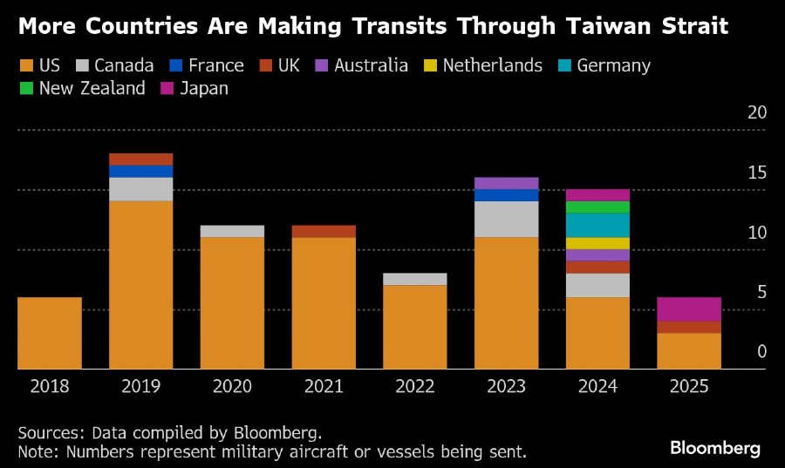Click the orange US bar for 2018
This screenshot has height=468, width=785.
pyautogui.click(x=50, y=333)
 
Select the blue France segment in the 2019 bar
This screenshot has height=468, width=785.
pyautogui.click(x=140, y=171)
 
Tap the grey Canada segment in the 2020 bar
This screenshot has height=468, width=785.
pyautogui.click(x=232, y=231)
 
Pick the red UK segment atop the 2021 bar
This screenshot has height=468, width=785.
pyautogui.click(x=324, y=231)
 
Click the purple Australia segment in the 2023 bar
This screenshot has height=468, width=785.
pyautogui.click(x=506, y=183)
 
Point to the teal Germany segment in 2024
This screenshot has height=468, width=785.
pyautogui.click(x=597, y=225)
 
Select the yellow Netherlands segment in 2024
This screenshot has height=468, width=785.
pyautogui.click(x=597, y=243)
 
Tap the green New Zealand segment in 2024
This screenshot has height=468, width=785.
pyautogui.click(x=597, y=207)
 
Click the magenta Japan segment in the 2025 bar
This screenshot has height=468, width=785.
pyautogui.click(x=688, y=309)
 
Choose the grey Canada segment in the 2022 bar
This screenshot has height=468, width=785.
pyautogui.click(x=414, y=279)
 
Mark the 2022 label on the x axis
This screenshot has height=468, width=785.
pyautogui.click(x=414, y=385)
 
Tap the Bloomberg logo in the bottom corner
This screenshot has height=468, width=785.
pyautogui.click(x=715, y=448)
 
